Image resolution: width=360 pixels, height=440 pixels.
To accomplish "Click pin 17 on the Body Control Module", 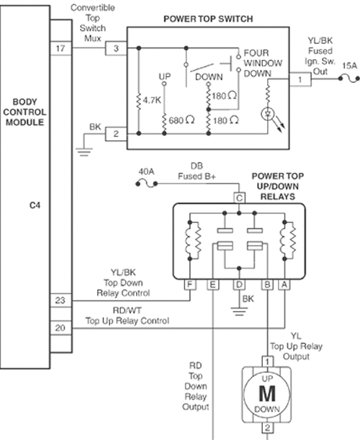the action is [x=60, y=48].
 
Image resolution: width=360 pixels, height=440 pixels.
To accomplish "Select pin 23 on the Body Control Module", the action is [x=60, y=300].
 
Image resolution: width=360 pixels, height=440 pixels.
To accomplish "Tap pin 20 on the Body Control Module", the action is [x=60, y=328].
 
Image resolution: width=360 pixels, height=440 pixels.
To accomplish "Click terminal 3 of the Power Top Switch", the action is [x=116, y=48].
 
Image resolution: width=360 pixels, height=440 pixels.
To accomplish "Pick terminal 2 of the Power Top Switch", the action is [x=116, y=134].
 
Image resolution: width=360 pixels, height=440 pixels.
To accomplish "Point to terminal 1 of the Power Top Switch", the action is [x=300, y=79].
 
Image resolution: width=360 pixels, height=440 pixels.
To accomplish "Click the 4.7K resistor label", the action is [x=152, y=100].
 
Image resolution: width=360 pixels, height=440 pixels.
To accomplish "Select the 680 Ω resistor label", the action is [x=181, y=120].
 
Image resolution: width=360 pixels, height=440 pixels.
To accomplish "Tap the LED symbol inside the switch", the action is [x=267, y=115].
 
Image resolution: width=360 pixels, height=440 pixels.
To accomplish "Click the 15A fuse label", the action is [x=349, y=66].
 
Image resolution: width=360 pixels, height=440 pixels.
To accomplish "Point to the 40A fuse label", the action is [x=146, y=171].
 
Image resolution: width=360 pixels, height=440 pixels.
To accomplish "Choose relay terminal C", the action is [x=239, y=198].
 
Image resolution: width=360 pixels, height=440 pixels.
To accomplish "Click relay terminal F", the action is [x=190, y=284].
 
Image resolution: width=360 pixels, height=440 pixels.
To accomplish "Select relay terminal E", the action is [x=212, y=284].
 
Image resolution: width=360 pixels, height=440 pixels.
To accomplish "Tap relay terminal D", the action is [x=239, y=284].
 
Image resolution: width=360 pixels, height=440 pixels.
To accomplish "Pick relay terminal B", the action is [x=267, y=284].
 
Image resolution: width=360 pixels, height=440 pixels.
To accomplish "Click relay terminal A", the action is [x=284, y=284].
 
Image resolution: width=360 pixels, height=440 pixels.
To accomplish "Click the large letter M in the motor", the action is [x=267, y=394].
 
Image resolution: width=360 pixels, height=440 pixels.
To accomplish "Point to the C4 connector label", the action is [x=35, y=205].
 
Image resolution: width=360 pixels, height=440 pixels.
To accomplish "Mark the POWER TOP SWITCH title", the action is [x=208, y=19].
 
